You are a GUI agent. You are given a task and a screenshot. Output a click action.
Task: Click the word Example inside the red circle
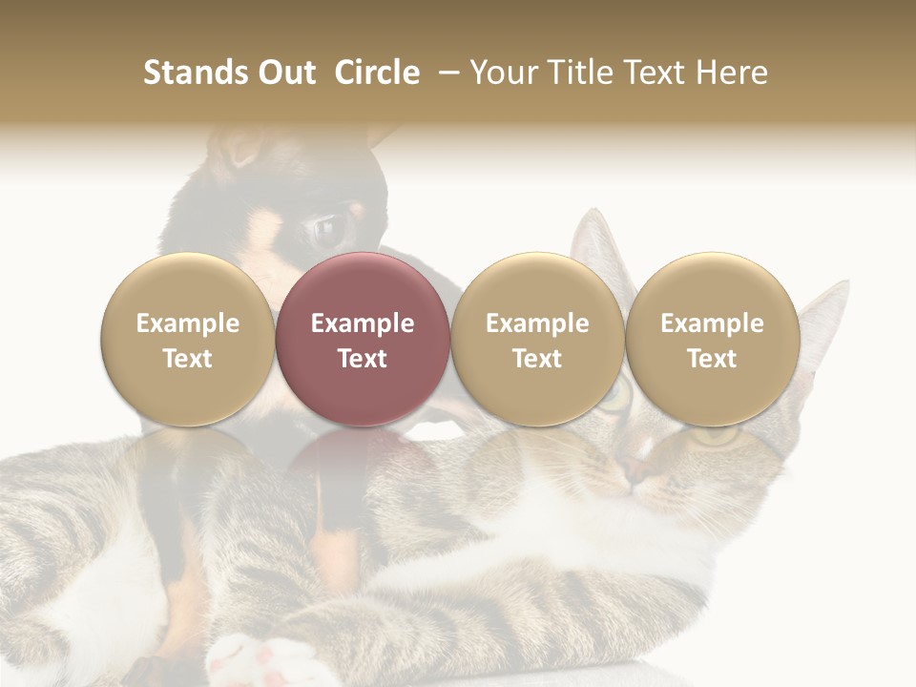363,323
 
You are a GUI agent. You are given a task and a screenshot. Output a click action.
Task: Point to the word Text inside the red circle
363,359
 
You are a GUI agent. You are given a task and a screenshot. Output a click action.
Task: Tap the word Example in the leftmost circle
187,323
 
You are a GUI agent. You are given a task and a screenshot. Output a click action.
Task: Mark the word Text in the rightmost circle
712,359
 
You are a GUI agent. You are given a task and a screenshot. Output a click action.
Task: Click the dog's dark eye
325,229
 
